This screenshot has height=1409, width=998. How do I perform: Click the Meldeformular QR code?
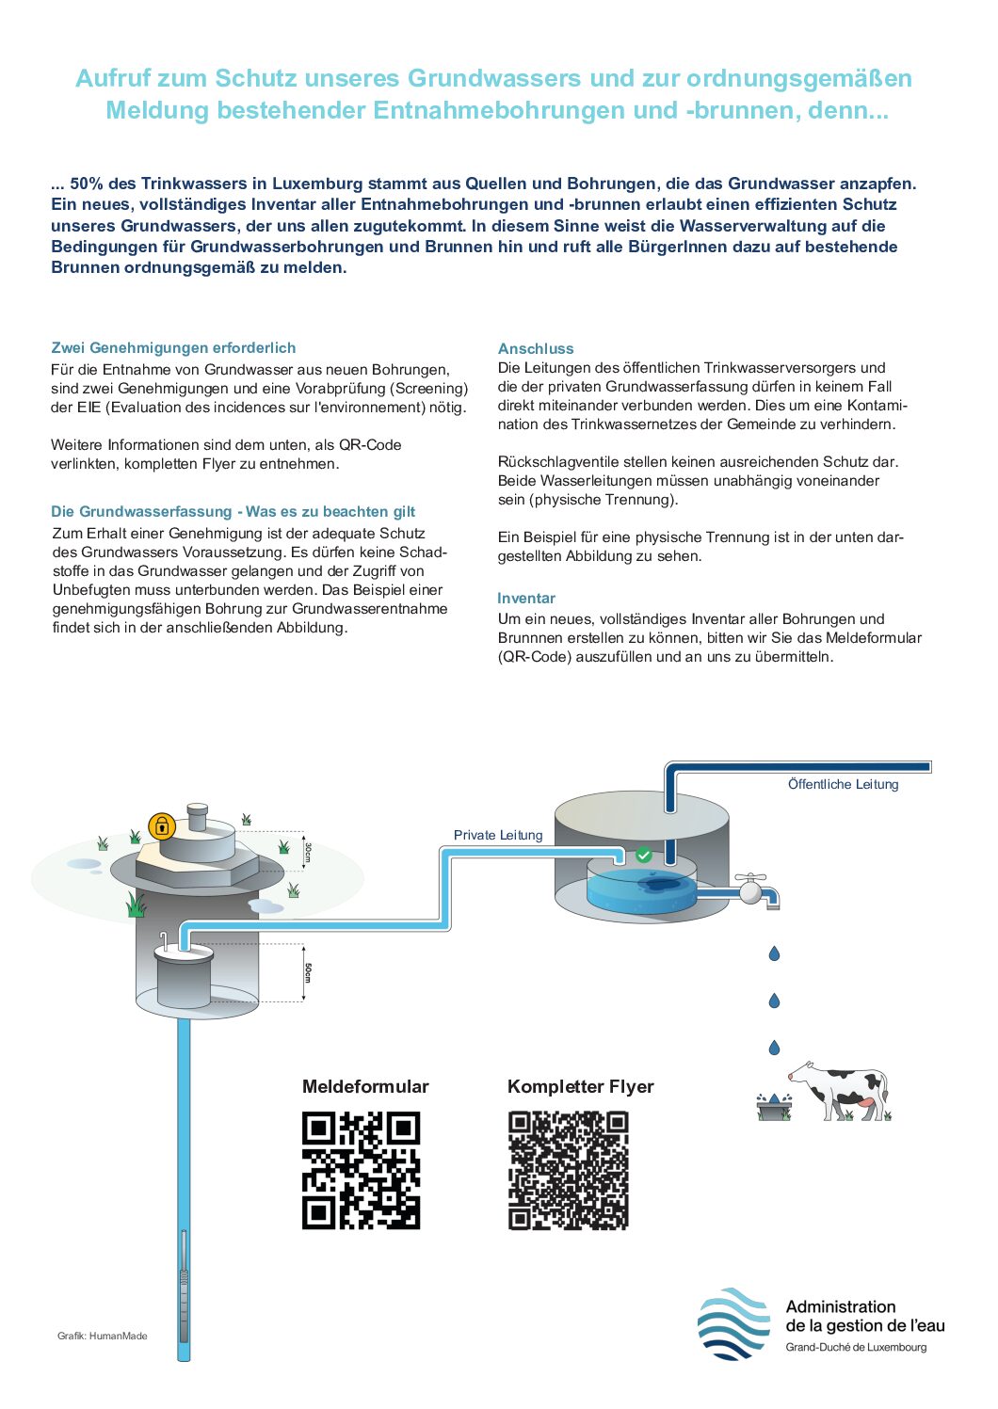[361, 1170]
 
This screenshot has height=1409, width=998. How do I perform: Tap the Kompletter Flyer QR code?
[568, 1170]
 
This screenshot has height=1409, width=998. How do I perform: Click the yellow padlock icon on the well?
[162, 826]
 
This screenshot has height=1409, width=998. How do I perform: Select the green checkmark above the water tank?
[643, 855]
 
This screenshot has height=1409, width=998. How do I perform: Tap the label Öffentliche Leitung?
[843, 784]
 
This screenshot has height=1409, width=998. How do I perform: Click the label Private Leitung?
[498, 835]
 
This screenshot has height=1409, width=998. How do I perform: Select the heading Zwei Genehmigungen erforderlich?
[173, 347]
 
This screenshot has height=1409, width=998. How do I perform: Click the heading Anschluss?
[536, 348]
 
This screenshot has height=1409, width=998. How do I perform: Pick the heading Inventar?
[526, 598]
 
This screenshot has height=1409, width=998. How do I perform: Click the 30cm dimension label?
[307, 852]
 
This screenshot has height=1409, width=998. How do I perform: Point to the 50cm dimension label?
[307, 971]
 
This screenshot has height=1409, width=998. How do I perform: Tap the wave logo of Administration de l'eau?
[733, 1323]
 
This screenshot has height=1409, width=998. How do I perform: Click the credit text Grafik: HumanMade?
[102, 1336]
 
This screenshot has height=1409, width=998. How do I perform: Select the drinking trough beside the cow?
[774, 1108]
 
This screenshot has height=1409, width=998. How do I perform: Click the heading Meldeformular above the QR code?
[365, 1086]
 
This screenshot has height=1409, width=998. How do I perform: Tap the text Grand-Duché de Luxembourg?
[856, 1347]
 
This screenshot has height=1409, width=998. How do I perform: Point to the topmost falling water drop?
[774, 953]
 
